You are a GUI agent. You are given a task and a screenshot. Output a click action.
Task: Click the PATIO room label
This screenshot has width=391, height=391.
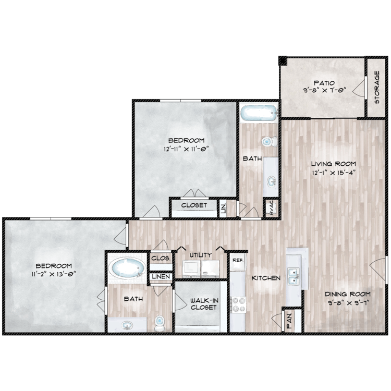[324, 83]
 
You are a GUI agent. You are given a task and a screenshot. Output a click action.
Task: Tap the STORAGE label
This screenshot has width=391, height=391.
[377, 87]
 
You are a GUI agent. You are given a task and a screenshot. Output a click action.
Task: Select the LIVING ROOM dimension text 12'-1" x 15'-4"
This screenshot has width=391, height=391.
[334, 173]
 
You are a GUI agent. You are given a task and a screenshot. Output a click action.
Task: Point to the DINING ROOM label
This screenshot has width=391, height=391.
[348, 294]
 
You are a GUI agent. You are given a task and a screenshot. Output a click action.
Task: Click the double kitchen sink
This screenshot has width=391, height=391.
[294, 276]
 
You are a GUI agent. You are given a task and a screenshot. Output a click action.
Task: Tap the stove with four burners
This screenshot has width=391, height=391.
[238, 304]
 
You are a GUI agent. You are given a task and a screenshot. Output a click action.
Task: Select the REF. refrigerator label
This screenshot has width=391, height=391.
[238, 260]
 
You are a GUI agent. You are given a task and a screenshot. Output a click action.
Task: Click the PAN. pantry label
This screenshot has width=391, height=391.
[289, 321]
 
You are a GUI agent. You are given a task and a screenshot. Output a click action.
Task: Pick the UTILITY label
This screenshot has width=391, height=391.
[201, 255]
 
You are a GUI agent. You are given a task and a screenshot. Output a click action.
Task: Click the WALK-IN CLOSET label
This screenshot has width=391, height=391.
[203, 304]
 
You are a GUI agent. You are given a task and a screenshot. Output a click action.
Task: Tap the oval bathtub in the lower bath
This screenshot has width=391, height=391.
[129, 268]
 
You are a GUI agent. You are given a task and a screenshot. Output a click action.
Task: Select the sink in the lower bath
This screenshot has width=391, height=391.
[127, 325]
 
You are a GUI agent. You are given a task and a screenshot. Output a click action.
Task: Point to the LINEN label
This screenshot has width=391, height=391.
[161, 276]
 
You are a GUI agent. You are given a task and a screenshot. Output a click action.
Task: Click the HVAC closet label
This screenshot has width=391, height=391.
[272, 207]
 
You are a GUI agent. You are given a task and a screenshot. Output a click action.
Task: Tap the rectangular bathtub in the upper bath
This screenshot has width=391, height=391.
[259, 114]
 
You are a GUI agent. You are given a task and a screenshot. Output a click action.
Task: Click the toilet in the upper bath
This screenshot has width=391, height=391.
[269, 142]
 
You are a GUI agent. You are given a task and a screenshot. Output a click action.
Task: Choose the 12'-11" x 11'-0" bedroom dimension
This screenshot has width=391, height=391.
[186, 149]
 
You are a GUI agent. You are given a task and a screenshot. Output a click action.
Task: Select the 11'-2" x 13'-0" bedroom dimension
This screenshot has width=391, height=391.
[54, 274]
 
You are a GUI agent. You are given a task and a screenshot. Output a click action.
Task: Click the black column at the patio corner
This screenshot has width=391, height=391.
[283, 60]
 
